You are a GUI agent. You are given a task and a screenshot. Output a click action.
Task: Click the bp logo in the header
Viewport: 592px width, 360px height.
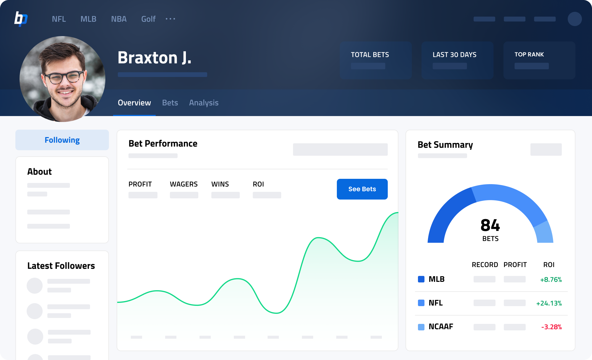[21, 19]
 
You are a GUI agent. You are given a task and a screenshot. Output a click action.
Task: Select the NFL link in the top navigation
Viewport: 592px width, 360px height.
[59, 19]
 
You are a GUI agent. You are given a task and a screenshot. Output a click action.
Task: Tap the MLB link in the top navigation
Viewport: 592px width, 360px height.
[89, 19]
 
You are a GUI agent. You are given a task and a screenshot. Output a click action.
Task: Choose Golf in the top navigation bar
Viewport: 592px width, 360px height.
[148, 19]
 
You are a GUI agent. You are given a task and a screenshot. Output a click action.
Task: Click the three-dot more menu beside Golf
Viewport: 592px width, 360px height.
[170, 19]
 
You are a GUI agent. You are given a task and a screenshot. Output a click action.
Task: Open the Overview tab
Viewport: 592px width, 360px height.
[134, 103]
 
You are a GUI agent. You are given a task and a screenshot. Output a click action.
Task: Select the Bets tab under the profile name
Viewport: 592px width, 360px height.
[170, 103]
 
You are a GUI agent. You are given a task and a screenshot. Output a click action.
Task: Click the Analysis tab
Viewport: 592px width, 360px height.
[204, 103]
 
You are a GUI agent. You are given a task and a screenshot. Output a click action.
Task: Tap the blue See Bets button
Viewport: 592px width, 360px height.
[362, 189]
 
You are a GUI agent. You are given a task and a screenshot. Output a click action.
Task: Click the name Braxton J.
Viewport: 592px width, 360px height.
[155, 57]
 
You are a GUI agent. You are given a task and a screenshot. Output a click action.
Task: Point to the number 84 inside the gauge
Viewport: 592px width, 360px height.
[490, 225]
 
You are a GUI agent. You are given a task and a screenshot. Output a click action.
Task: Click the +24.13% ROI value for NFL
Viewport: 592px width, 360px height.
[549, 303]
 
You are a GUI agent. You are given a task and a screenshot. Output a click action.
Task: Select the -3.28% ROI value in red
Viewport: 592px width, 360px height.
[551, 327]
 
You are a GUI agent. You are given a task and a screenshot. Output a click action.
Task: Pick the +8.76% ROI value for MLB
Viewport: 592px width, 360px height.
[551, 279]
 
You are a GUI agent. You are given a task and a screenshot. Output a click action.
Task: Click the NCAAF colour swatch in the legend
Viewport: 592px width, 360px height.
[421, 327]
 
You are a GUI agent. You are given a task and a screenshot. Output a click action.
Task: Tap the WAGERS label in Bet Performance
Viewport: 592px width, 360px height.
[184, 184]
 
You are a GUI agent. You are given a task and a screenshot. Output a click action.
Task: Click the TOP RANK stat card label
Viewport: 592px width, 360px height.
[529, 54]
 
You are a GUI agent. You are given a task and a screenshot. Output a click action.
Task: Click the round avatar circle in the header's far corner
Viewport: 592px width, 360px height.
[575, 19]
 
